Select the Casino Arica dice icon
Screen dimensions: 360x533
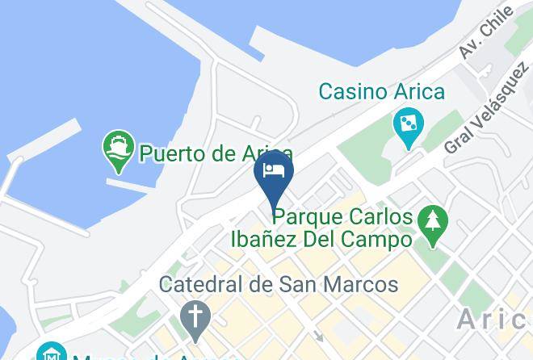click(408, 125)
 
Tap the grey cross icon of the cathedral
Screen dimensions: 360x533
click(195, 317)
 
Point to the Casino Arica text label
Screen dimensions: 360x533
click(381, 91)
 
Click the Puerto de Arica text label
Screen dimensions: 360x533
click(216, 153)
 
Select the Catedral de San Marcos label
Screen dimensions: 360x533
click(279, 284)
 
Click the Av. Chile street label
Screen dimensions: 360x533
click(486, 33)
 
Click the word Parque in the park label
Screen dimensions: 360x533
click(304, 217)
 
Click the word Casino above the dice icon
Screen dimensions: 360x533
click(348, 91)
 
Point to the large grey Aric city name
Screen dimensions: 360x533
click(493, 320)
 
